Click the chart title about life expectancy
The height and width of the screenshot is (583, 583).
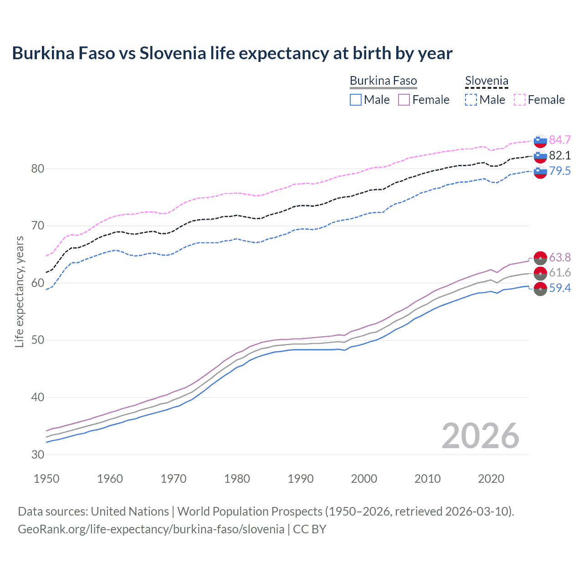(232, 53)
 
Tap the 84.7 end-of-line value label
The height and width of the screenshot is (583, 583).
(560, 140)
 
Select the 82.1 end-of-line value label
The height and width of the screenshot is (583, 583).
(560, 155)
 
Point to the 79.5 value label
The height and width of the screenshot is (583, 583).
(560, 171)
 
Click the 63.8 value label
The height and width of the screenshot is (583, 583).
(560, 257)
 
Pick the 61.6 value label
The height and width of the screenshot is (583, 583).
(560, 272)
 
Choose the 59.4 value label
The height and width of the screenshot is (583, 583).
(560, 288)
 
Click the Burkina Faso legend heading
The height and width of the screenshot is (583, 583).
(383, 81)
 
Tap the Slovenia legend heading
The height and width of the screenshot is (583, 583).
(486, 81)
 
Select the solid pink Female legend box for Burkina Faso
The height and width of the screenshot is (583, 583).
(404, 100)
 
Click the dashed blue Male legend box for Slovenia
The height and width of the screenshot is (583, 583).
(471, 100)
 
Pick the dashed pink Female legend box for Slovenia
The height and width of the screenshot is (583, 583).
(520, 100)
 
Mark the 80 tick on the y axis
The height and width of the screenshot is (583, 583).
(38, 169)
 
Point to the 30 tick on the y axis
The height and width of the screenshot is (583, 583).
(38, 455)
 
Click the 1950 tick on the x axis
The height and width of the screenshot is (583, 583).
(46, 479)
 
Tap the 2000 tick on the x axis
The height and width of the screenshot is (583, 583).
(364, 479)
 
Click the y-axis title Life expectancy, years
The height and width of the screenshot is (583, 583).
(20, 291)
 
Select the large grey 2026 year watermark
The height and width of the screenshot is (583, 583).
(480, 436)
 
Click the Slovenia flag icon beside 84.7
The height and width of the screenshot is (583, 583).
(540, 140)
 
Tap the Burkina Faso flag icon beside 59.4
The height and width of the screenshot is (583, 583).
(540, 288)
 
